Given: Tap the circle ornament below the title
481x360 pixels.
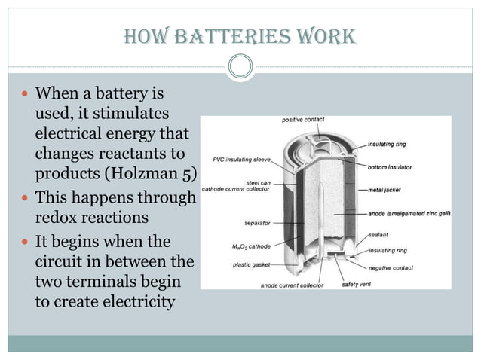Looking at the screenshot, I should [240, 66].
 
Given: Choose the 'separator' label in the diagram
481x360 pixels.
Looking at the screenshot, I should [258, 223].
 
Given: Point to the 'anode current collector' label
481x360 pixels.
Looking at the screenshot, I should [291, 285].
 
